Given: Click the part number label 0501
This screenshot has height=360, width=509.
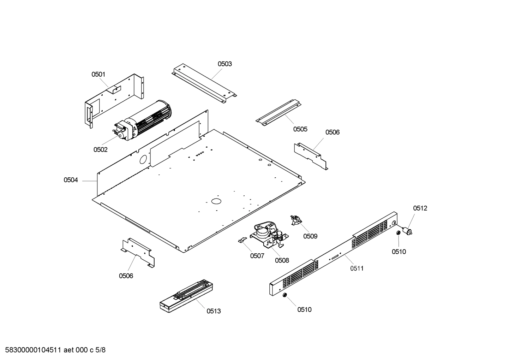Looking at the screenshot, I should (x=98, y=74).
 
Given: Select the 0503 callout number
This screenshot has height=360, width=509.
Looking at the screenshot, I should (x=224, y=64).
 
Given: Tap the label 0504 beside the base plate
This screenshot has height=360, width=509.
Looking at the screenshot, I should (x=71, y=180).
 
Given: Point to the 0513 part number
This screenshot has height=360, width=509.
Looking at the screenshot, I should (x=214, y=311).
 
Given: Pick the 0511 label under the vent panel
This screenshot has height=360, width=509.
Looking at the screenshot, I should (x=357, y=268).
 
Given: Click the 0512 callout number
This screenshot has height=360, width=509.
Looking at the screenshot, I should (x=420, y=208).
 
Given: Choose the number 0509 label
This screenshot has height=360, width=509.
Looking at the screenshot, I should (x=310, y=236).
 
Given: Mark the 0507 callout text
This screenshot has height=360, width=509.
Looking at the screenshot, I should (x=257, y=256).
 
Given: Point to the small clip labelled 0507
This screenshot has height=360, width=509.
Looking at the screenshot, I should (x=241, y=240).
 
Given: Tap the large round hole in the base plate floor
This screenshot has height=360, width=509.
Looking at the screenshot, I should (x=215, y=201).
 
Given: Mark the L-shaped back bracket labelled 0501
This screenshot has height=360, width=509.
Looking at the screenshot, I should (x=113, y=99).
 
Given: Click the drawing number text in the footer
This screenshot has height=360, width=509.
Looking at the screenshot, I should (x=53, y=350).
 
